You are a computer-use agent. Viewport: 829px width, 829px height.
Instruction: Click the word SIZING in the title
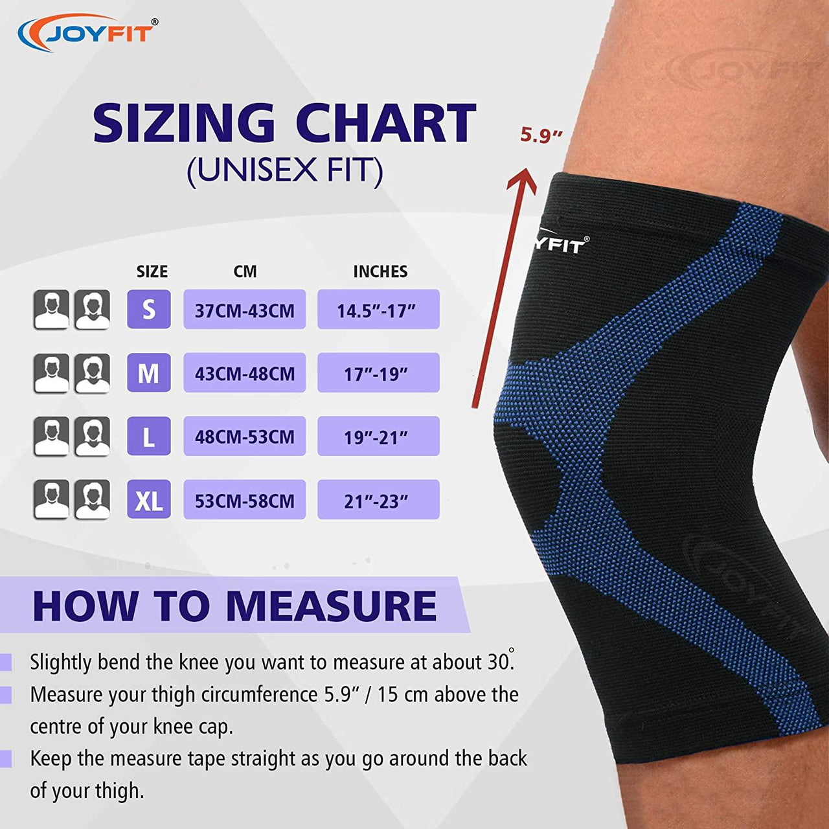(184, 122)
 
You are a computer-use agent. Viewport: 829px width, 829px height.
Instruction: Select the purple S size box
(149, 310)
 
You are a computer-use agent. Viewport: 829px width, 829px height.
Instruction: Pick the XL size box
(149, 499)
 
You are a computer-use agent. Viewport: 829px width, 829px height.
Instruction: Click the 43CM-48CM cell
(245, 373)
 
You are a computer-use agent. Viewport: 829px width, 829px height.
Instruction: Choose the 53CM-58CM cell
(245, 500)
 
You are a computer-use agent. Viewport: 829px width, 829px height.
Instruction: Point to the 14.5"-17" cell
(379, 310)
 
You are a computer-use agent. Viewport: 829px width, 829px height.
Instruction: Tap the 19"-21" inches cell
(379, 437)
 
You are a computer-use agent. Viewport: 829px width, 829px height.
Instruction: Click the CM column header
(245, 271)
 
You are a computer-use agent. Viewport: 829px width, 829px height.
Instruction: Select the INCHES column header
(380, 271)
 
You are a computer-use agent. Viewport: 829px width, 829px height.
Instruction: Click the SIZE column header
(152, 271)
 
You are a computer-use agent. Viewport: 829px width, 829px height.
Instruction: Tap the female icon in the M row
(93, 373)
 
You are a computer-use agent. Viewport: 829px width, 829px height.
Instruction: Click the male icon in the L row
(52, 437)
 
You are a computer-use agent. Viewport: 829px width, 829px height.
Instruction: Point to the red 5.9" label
(541, 135)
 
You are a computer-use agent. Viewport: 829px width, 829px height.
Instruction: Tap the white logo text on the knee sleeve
(561, 244)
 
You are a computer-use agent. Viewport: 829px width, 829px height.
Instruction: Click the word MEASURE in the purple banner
(331, 606)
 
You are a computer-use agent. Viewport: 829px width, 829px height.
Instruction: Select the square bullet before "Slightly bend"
(6, 663)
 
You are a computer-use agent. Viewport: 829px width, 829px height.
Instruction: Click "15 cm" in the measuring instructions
(402, 695)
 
